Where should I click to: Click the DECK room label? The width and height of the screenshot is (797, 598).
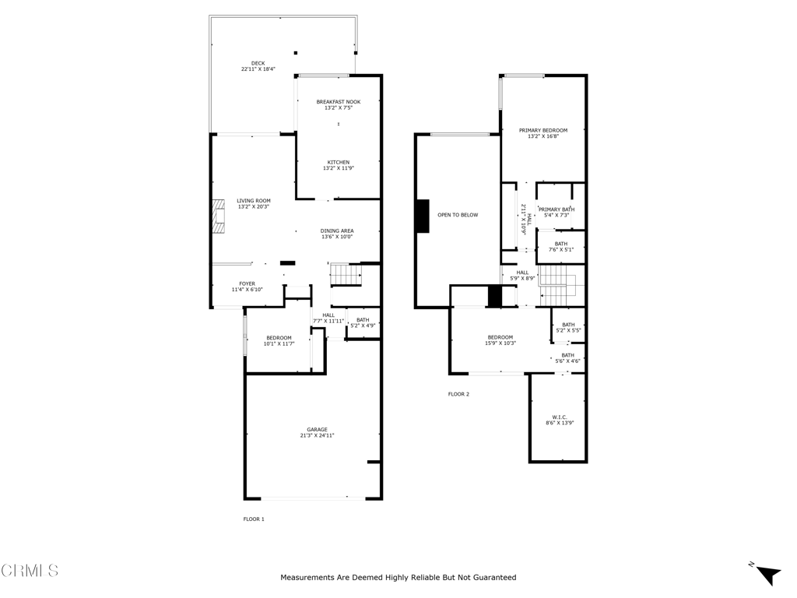pos(258,63)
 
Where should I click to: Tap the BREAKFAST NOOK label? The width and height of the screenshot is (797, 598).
pos(338,102)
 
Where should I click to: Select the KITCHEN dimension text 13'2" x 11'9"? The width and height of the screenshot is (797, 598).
pos(339,168)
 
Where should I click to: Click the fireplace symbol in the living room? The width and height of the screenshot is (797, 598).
pos(218,216)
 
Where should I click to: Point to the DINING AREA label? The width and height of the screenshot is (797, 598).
pos(337,230)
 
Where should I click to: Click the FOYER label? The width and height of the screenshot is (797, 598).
pos(247,284)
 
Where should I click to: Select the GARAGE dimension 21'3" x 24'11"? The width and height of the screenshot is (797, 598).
pos(317,436)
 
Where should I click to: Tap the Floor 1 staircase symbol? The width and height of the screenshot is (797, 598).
pos(346,275)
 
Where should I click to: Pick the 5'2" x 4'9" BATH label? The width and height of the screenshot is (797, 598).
pos(363,320)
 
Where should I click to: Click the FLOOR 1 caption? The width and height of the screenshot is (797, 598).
pos(254,519)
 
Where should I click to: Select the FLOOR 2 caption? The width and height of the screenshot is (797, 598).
pos(458,394)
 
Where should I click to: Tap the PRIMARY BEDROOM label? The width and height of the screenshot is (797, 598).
pos(543,131)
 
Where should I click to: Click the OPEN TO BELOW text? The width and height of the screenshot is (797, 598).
pos(458,215)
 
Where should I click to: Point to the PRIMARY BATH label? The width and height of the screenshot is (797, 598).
pos(556,209)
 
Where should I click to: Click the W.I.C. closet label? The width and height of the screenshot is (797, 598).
pos(560,417)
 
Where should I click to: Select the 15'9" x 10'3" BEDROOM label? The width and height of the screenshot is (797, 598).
pos(500,337)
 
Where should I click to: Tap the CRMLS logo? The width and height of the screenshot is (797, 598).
pos(30,571)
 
